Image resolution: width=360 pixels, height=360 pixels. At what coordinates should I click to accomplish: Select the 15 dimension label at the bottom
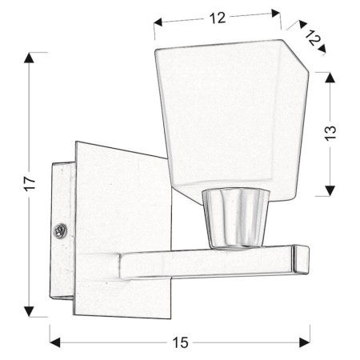180,342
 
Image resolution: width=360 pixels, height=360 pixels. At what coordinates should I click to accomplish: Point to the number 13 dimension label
330,133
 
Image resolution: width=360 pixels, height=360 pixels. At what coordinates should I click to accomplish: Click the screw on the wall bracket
59,231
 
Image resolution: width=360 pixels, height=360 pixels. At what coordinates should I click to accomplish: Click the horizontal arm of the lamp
208,260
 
